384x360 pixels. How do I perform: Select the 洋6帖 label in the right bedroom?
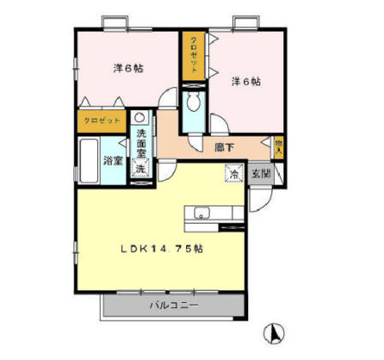pyautogui.click(x=245, y=82)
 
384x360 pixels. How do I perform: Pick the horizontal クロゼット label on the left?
pyautogui.click(x=100, y=123)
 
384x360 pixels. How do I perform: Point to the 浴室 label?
pyautogui.click(x=113, y=159)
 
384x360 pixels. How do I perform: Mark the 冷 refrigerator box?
pyautogui.click(x=233, y=174)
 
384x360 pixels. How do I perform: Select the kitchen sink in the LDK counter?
pyautogui.click(x=201, y=213)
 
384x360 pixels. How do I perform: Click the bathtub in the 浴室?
pyautogui.click(x=90, y=160)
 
